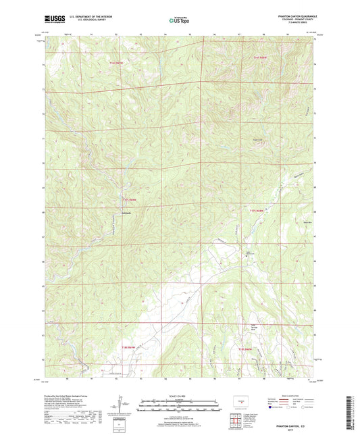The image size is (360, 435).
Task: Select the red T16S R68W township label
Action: coord(261,59)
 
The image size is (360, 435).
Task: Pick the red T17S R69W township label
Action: coord(130,200)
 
